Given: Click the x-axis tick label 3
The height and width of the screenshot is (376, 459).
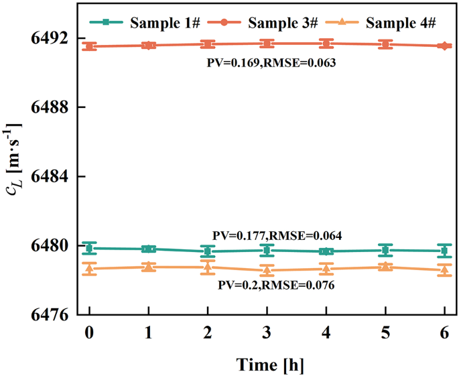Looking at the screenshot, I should click(267, 333).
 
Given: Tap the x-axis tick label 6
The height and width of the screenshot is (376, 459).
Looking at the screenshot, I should click(445, 333).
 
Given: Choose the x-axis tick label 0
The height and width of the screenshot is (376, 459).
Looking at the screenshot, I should click(89, 333).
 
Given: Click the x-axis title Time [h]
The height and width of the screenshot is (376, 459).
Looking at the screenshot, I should click(267, 363).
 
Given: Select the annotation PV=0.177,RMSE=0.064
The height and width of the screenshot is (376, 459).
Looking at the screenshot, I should click(277, 235).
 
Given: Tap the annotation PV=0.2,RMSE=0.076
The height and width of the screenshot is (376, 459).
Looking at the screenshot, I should click(276, 285).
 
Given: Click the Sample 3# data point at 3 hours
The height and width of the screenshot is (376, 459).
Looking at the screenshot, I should click(267, 44).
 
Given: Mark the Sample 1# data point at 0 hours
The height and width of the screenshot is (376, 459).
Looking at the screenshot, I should click(89, 248).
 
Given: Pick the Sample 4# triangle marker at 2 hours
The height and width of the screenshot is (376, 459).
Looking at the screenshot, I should click(208, 267).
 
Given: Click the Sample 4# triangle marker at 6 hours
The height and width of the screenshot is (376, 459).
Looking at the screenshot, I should click(445, 270).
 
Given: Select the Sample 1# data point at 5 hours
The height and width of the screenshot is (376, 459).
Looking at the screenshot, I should click(385, 250).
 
